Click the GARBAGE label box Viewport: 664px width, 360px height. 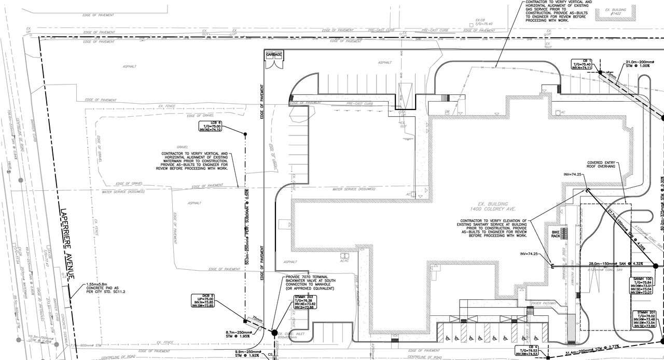pos(274,54)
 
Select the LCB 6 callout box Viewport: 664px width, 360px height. pos(211,126)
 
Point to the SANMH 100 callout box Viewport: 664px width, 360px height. pos(642,286)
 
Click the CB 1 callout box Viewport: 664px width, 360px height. pos(582,64)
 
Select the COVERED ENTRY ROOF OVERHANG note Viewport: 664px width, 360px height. pos(601,165)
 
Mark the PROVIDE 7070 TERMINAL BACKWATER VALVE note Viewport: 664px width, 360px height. pos(310,282)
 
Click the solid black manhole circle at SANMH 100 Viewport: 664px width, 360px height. pos(655,266)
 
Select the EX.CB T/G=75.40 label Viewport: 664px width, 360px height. pos(483,22)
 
